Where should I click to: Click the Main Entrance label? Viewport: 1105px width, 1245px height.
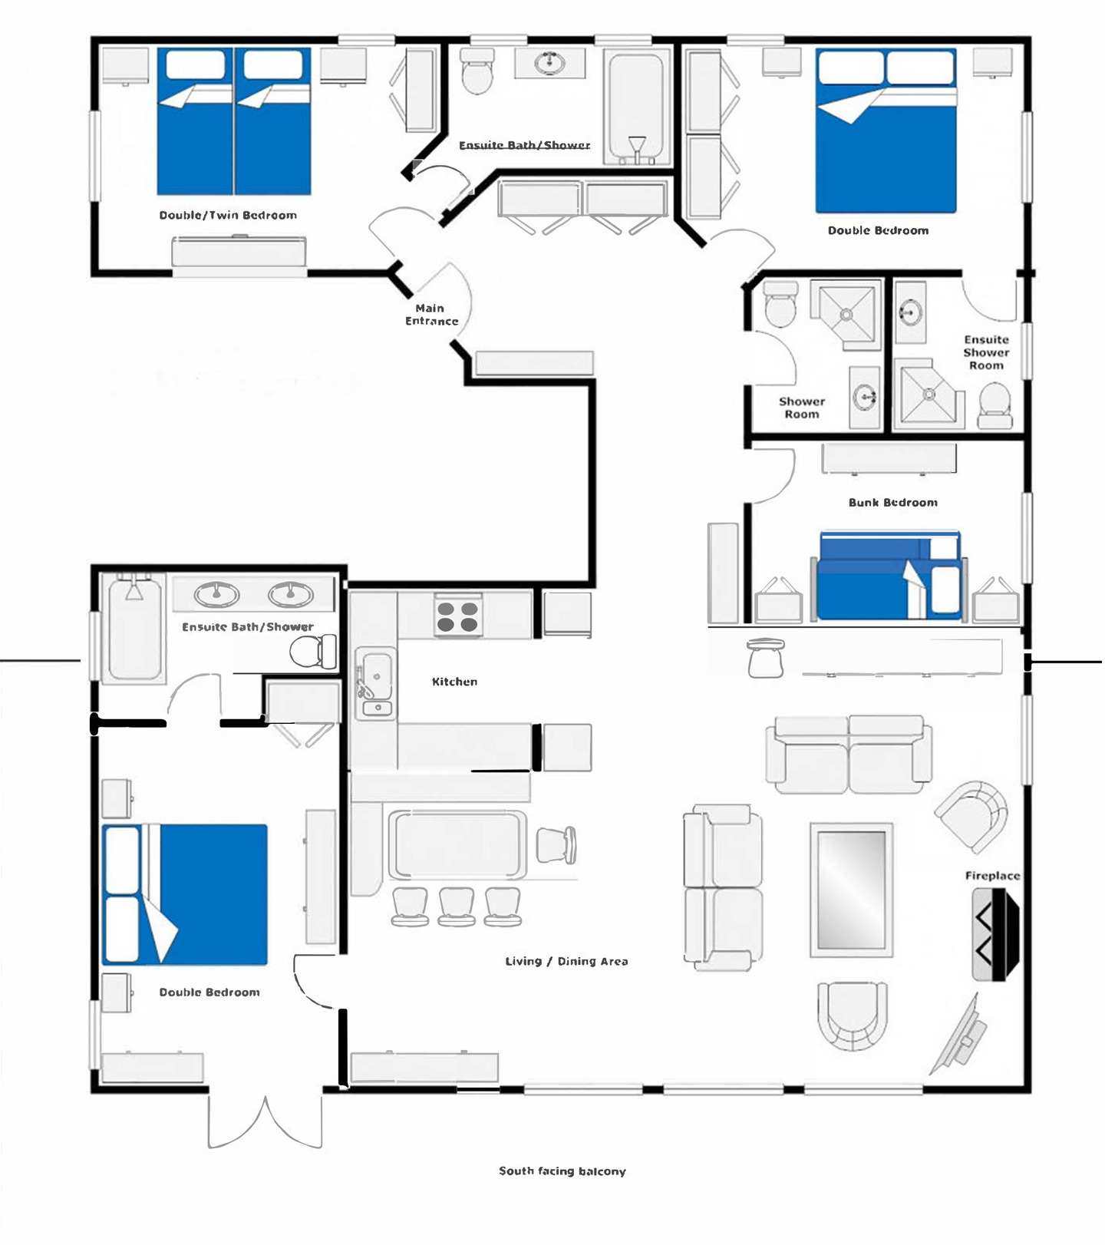tap(431, 315)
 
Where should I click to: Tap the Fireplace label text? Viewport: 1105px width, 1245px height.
tap(992, 876)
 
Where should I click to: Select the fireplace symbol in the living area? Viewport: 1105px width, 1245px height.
tap(996, 934)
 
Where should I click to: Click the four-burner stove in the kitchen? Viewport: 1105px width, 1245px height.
tap(457, 616)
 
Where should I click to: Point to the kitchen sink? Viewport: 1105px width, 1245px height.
tap(375, 683)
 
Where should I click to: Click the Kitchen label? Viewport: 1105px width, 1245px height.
tap(454, 682)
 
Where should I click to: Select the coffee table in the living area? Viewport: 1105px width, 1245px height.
tap(852, 890)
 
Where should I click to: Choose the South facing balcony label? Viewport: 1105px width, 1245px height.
tap(562, 1171)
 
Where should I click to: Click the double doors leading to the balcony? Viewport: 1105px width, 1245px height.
tap(265, 1121)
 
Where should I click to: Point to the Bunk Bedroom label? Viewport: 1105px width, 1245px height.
tap(893, 503)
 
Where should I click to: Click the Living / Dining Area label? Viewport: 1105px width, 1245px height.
tap(566, 961)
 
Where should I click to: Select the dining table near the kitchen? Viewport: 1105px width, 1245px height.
tap(458, 844)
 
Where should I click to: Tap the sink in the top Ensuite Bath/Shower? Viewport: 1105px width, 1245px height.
tap(550, 63)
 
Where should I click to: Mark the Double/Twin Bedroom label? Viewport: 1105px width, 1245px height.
tap(228, 215)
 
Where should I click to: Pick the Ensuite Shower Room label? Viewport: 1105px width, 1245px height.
tap(987, 352)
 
